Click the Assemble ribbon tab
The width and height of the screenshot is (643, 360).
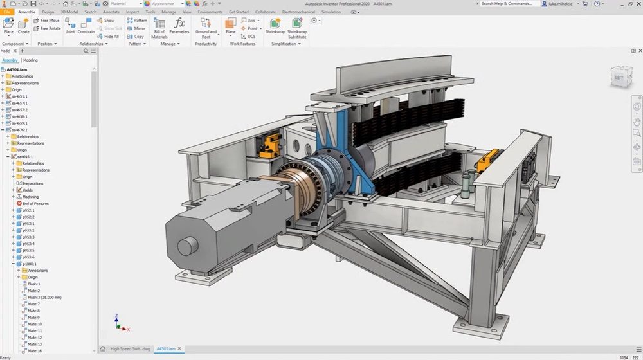click(27, 12)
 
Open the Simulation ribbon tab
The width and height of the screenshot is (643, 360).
click(331, 12)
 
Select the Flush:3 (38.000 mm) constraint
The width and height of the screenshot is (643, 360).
click(46, 297)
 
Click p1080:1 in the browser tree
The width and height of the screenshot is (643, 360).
click(29, 264)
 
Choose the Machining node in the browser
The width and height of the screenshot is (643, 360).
click(30, 197)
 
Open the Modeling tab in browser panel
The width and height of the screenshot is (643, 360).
click(30, 60)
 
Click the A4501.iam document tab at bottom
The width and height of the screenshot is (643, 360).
click(170, 349)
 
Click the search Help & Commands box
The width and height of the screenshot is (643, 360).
click(508, 4)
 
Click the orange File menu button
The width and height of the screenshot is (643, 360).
click(6, 12)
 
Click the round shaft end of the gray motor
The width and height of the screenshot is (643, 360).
click(186, 247)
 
